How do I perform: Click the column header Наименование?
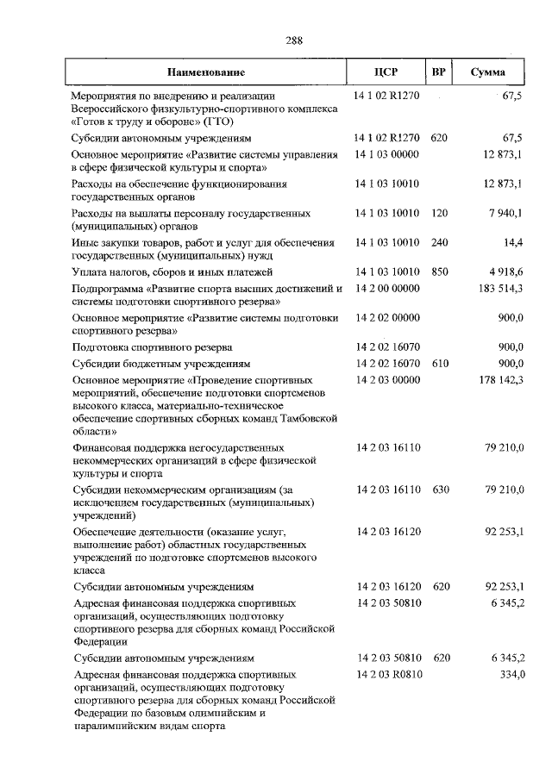point(207,72)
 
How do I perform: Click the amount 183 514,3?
point(501,288)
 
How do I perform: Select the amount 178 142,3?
point(501,379)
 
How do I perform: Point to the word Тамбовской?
point(308,418)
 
